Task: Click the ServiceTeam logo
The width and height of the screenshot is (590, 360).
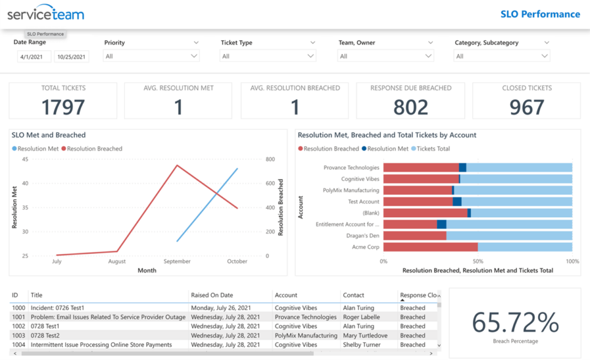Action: coord(46,14)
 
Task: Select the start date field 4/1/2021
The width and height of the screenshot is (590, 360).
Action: coord(34,57)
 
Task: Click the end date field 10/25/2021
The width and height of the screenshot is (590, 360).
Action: coord(71,57)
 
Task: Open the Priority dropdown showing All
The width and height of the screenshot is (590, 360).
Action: coord(151,56)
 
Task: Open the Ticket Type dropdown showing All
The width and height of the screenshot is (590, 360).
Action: coord(268,56)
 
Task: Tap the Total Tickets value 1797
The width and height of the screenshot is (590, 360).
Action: coord(63,107)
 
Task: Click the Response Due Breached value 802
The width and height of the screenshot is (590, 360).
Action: coord(411,107)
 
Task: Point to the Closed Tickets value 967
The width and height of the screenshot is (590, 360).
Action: coord(526,107)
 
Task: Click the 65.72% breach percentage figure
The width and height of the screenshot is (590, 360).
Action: coord(515,323)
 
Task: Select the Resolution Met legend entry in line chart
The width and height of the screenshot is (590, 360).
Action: coord(38,149)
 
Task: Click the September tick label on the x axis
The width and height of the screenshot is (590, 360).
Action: coord(177,262)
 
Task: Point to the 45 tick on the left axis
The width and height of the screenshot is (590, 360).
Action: coord(25,160)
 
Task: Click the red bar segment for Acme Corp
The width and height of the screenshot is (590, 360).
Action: coord(430,247)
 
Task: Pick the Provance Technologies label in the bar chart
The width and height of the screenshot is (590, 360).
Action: coord(351,168)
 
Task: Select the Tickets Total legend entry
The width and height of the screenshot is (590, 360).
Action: coord(433,149)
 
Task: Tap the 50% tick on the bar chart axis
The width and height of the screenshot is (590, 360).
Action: coord(478,262)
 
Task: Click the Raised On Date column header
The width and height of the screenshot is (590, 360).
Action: coord(212,295)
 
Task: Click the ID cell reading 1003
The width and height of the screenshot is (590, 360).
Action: coord(19,336)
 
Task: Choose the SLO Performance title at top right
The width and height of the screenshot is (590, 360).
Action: coord(540,14)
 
